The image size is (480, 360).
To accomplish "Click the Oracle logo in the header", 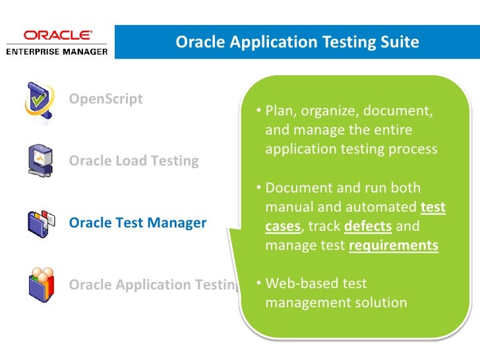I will coord(57,36).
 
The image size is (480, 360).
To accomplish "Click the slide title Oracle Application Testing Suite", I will coord(297,42).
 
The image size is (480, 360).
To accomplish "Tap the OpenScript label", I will coord(106,99).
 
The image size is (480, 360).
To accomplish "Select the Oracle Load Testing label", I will coord(134,161).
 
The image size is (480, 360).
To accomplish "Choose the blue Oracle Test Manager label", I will coord(138,223).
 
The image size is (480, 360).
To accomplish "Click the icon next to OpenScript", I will coord(39,100).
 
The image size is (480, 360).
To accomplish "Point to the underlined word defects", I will coord(369,227).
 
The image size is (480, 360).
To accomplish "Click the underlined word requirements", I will coord(393,246).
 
